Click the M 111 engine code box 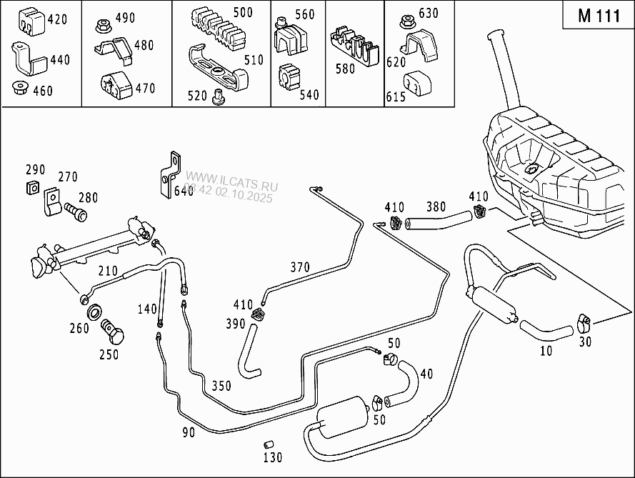(599, 16)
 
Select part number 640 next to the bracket (184, 191)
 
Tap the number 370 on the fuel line (300, 268)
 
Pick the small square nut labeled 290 (31, 188)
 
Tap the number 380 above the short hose (436, 207)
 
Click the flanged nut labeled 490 (101, 26)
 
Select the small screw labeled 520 (219, 96)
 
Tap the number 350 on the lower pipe (221, 386)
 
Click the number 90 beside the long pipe (188, 432)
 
